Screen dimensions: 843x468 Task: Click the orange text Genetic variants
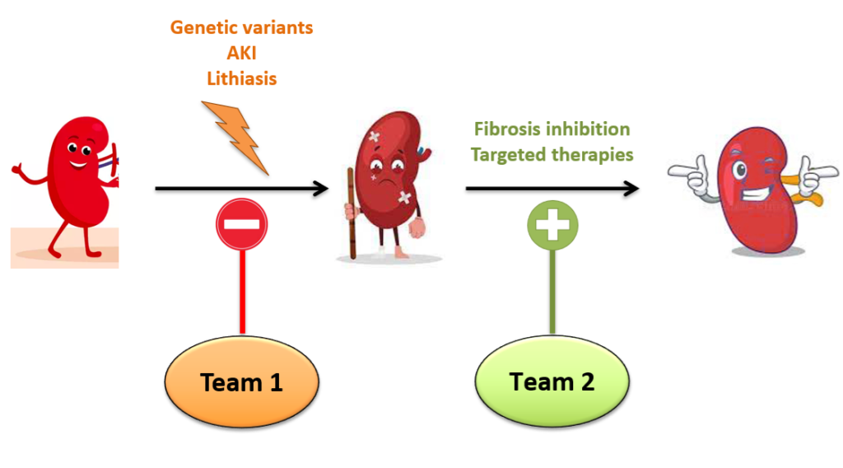pos(241,27)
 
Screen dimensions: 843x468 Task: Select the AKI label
pos(241,53)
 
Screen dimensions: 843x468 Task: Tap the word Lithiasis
pos(241,78)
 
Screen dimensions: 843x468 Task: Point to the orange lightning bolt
pos(235,138)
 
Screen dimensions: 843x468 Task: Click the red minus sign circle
pos(242,224)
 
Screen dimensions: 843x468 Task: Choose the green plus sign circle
pos(552,226)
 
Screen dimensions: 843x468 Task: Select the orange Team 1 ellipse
pos(242,382)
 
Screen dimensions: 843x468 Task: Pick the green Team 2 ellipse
pos(552,381)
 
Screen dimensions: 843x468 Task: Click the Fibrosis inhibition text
pos(552,129)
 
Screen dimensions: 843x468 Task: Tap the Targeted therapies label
pos(552,155)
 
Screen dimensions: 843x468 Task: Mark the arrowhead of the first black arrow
pos(321,189)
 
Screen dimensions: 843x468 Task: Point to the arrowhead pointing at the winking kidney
pos(631,189)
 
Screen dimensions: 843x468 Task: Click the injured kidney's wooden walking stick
pos(352,213)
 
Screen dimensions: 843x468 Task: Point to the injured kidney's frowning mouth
pos(384,181)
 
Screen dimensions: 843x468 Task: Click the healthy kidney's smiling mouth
pos(79,163)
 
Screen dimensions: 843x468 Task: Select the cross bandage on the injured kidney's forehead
pos(375,137)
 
